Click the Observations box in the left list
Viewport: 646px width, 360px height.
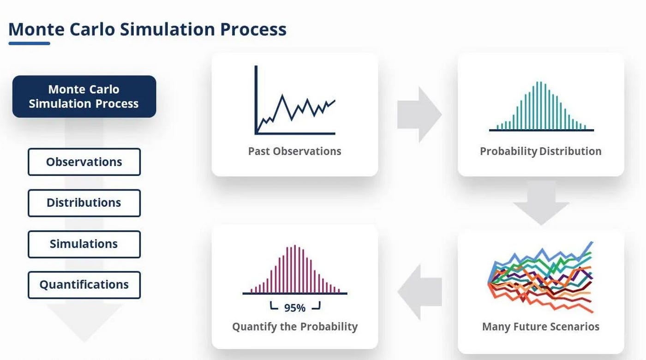84,162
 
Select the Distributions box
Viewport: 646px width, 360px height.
84,203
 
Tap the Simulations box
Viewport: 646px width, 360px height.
84,244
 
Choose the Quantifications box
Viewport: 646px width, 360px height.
84,285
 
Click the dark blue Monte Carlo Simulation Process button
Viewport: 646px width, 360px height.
84,96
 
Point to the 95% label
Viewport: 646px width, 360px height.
295,308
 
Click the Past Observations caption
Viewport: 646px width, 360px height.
295,151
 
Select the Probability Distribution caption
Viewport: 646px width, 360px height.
541,151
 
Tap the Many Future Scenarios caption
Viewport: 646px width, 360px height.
541,327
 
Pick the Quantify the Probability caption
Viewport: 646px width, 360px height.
295,327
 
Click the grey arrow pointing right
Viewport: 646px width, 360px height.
419,114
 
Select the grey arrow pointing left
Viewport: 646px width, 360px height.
419,292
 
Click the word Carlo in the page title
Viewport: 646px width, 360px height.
92,29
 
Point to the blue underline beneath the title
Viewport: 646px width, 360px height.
30,43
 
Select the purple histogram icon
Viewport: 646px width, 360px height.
295,270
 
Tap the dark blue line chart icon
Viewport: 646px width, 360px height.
295,100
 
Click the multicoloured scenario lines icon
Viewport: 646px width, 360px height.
541,277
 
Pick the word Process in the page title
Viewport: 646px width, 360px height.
253,29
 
